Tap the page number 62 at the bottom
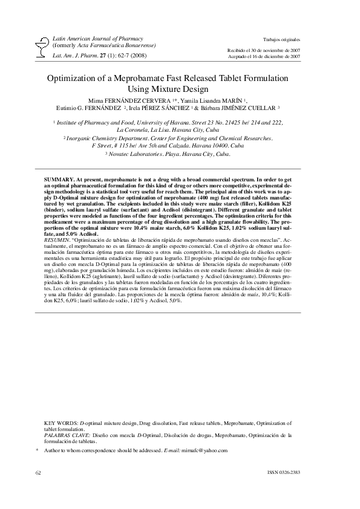click(x=39, y=471)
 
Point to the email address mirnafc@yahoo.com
click(x=204, y=450)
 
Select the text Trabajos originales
click(x=283, y=38)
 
